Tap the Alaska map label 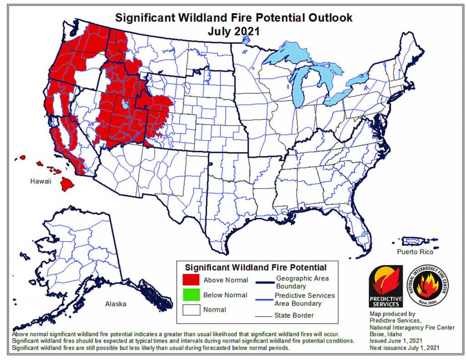[116, 304]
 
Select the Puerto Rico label [414, 251]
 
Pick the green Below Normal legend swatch [191, 294]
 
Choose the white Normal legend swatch [191, 309]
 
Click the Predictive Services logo [385, 286]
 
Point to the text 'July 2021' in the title [233, 31]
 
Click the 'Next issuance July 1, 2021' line [405, 348]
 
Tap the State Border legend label [294, 315]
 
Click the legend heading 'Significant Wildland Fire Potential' [255, 267]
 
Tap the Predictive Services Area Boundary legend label [304, 299]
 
